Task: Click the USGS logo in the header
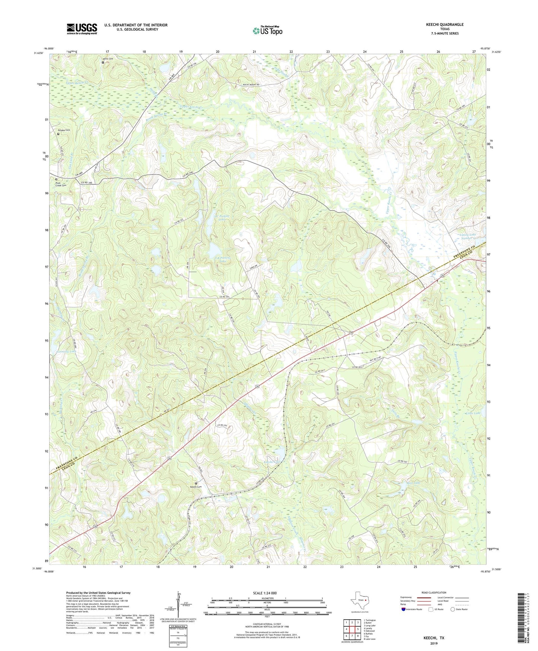[82, 29]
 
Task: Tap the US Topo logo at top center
[267, 30]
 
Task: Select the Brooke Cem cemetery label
[64, 130]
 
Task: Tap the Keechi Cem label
[196, 487]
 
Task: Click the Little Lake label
[473, 413]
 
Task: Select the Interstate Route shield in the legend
[404, 609]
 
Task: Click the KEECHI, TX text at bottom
[433, 638]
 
